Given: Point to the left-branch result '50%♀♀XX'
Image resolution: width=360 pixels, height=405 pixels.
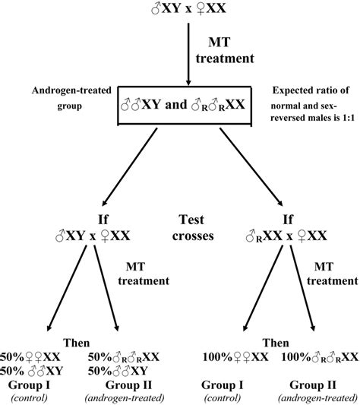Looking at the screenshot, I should pyautogui.click(x=52, y=356).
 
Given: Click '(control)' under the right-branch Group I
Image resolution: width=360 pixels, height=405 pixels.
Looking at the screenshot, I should pyautogui.click(x=229, y=396).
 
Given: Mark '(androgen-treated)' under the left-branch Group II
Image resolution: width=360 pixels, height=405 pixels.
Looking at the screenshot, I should pyautogui.click(x=123, y=396).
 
